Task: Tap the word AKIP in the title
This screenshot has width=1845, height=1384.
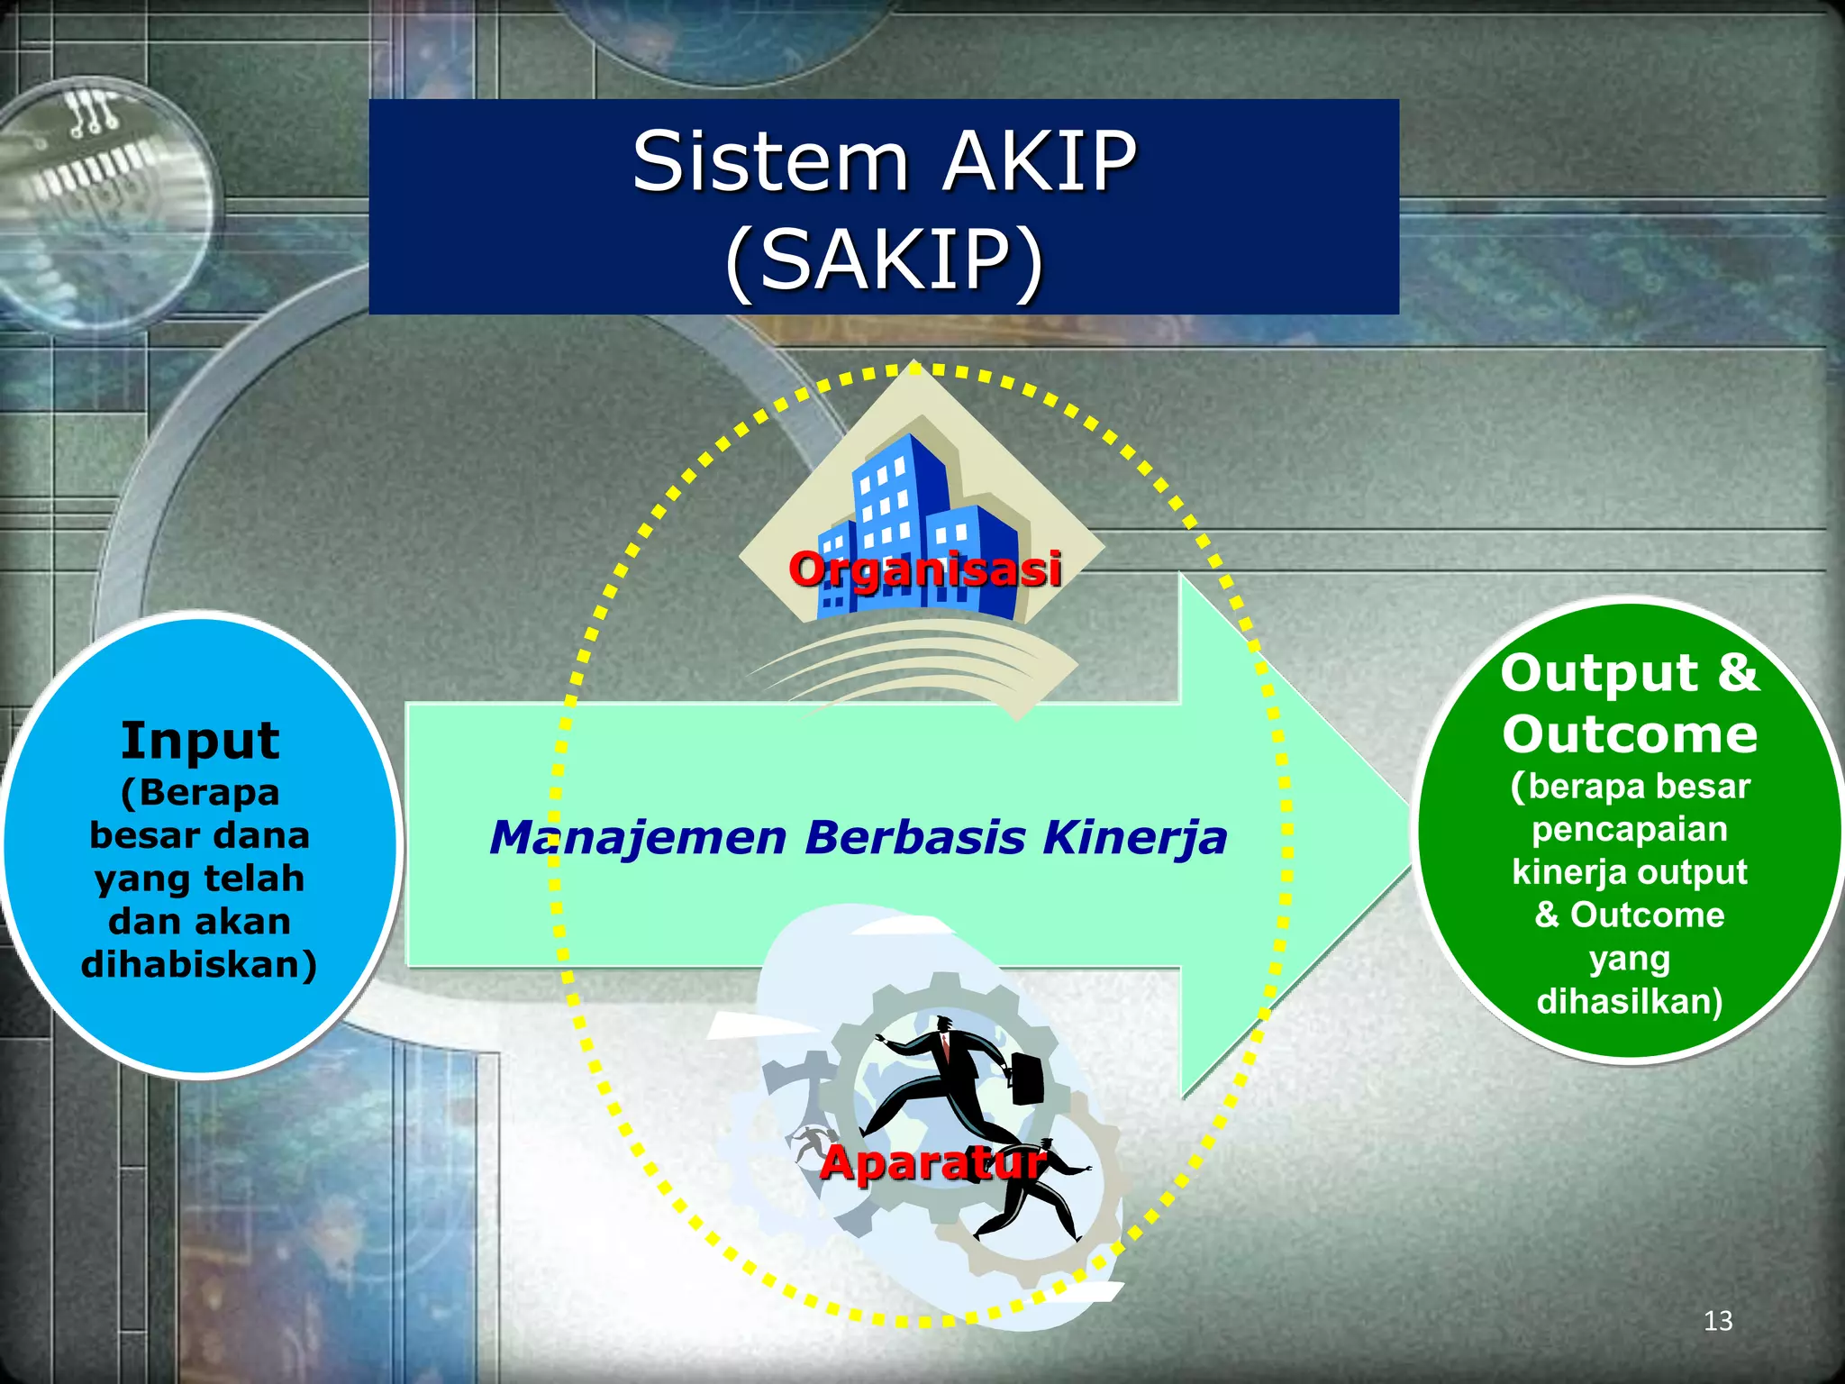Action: pyautogui.click(x=1041, y=162)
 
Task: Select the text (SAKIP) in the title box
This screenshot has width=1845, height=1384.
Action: pyautogui.click(x=884, y=260)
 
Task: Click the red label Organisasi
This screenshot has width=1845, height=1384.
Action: pyautogui.click(x=925, y=569)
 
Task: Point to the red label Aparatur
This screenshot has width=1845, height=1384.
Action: pyautogui.click(x=933, y=1162)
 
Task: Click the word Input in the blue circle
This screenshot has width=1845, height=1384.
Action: pyautogui.click(x=200, y=741)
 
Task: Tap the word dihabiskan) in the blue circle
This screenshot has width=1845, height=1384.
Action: pyautogui.click(x=199, y=964)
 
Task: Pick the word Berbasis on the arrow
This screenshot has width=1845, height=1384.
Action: pyautogui.click(x=915, y=837)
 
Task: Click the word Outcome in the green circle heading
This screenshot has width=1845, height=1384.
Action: pyautogui.click(x=1630, y=733)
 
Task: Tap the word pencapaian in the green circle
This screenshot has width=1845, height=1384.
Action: pyautogui.click(x=1630, y=829)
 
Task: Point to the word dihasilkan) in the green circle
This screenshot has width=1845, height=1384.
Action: pyautogui.click(x=1630, y=1001)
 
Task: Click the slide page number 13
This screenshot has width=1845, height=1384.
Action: pyautogui.click(x=1718, y=1321)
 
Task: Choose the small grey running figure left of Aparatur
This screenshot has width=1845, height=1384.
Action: pyautogui.click(x=813, y=1143)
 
